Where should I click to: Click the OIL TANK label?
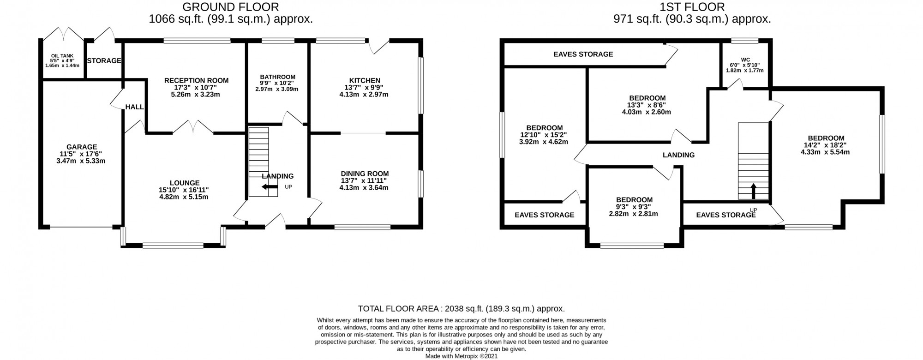62,55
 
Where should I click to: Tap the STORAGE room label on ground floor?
104,60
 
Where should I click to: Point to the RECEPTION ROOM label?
197,80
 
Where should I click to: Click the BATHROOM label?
277,77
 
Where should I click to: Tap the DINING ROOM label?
365,174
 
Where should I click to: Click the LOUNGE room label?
185,183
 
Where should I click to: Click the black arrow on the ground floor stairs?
270,187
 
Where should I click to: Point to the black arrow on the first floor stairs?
754,191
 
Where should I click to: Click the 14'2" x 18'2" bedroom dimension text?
826,145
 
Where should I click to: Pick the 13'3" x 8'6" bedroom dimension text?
647,105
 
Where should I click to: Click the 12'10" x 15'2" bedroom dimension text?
545,135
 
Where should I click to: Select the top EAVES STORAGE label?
583,54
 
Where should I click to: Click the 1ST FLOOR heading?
692,7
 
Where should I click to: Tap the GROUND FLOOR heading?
231,7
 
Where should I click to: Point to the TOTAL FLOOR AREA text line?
461,309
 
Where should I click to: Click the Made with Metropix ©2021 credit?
461,356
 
